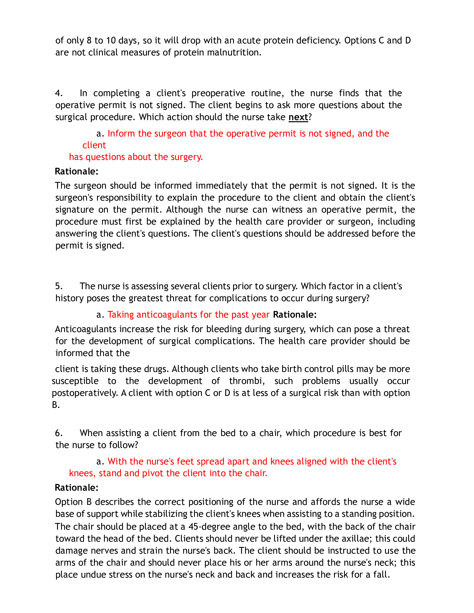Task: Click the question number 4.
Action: pos(58,93)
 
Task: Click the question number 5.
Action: pos(58,286)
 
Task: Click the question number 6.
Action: pos(58,433)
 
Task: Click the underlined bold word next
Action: pos(298,117)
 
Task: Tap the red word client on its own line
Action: pos(94,145)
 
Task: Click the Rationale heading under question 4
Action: pos(76,171)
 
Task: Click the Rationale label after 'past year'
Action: pos(294,315)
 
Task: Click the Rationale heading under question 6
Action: pos(76,488)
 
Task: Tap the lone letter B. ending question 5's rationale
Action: pos(56,405)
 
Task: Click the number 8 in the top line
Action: pos(89,41)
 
